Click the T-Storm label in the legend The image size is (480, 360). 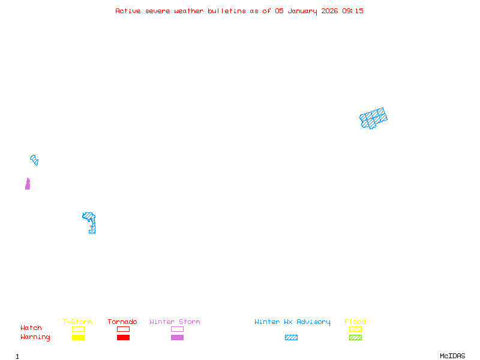coord(77,322)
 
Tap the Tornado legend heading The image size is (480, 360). coord(122,322)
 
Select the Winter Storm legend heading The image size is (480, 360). coord(175,322)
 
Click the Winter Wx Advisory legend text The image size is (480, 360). coord(292,322)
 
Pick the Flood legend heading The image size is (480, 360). coord(355,322)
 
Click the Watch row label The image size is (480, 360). coord(31,328)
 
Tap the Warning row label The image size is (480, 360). coord(35,337)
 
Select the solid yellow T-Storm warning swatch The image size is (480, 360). coord(78,338)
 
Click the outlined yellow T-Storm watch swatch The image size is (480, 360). coord(78,329)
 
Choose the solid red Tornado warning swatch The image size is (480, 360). coord(123,338)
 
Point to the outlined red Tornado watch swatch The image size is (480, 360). coord(123,329)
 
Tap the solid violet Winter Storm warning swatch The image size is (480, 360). coord(177,338)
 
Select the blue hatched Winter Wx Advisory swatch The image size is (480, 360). coord(291,338)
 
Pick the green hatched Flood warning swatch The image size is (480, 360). coord(355,338)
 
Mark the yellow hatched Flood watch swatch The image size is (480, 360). coord(355,329)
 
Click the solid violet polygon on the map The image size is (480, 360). coord(28,185)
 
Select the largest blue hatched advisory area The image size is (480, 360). coord(373,118)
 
